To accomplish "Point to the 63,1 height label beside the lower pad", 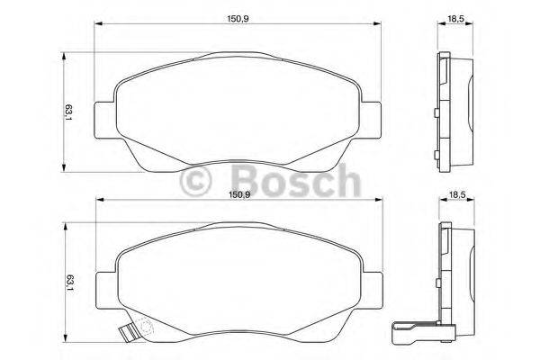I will tap(67, 281).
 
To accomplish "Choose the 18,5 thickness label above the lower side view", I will tap(457, 193).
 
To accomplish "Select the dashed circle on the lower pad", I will tap(139, 330).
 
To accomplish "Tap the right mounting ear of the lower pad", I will tap(371, 283).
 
